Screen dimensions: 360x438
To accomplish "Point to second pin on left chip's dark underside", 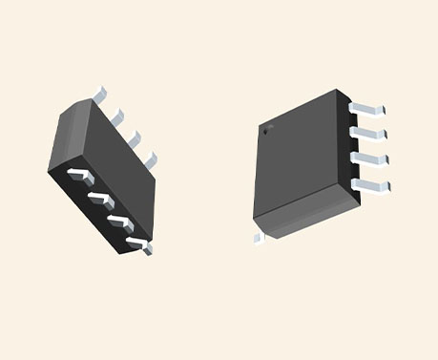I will coord(98,199).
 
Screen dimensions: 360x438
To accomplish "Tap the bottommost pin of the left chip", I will coord(138,244).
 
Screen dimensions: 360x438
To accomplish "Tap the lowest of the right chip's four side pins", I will coord(374,183).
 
